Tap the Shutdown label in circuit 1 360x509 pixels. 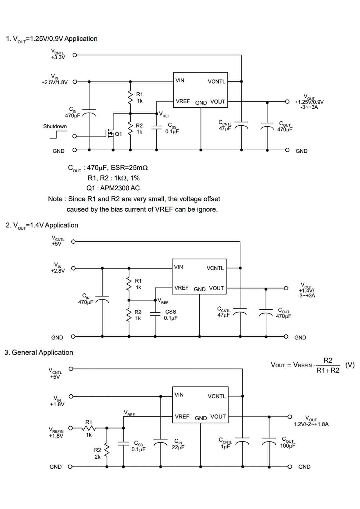[x=55, y=126]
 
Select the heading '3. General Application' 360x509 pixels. [x=39, y=352]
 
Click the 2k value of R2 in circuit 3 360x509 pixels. [x=97, y=457]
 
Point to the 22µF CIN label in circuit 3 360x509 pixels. [x=178, y=447]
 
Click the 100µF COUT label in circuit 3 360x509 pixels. [x=287, y=446]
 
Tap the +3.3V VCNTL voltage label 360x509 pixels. [x=58, y=57]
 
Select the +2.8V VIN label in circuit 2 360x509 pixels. [x=58, y=271]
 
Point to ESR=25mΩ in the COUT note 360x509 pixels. [x=129, y=168]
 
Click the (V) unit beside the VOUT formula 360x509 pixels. [x=350, y=365]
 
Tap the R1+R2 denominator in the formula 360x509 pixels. [x=328, y=370]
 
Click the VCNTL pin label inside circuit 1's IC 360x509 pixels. [x=216, y=82]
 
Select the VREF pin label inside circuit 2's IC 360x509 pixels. [x=181, y=288]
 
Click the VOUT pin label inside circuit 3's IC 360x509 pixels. [x=218, y=416]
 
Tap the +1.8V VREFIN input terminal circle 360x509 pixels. [x=70, y=428]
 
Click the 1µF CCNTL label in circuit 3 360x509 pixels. [x=225, y=447]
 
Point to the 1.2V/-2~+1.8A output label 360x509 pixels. [x=311, y=424]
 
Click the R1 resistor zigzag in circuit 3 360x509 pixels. [x=89, y=428]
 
